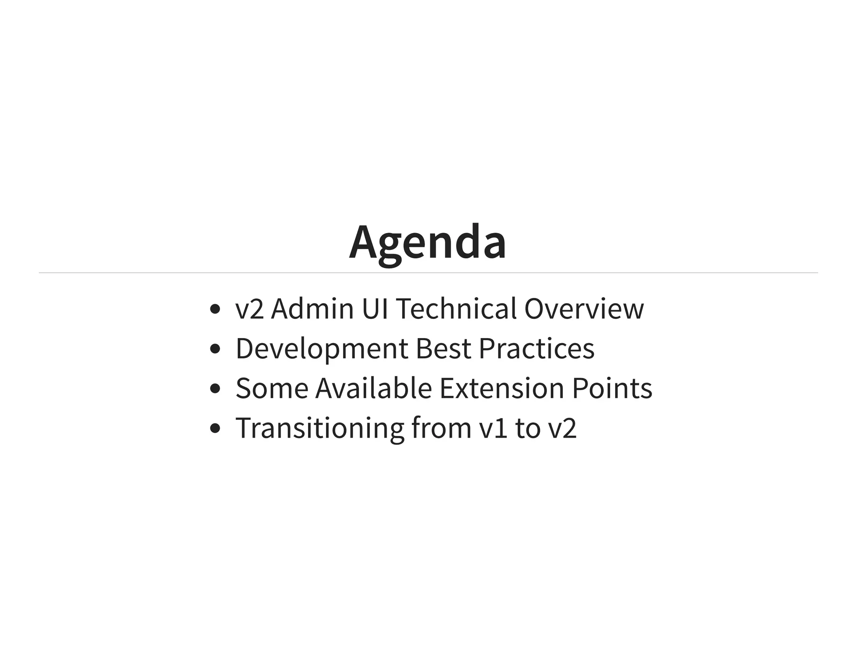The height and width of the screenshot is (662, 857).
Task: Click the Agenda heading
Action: (x=428, y=243)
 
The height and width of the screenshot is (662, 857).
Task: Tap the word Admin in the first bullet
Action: (x=312, y=309)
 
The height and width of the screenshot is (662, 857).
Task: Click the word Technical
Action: (x=456, y=309)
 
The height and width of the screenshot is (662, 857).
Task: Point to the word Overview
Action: (x=584, y=309)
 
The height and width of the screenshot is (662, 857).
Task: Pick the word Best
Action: (x=443, y=349)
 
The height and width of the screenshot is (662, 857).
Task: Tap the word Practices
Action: (x=536, y=349)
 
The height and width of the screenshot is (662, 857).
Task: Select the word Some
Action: (x=272, y=388)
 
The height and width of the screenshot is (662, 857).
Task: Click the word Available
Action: (x=373, y=388)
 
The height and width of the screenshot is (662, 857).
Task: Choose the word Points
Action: (x=612, y=388)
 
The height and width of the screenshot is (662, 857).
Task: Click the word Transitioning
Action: (x=320, y=429)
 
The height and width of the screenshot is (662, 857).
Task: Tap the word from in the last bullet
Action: (x=441, y=429)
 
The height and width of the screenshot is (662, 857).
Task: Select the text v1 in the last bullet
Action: (x=493, y=429)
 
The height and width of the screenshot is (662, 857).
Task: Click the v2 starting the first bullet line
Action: (x=250, y=309)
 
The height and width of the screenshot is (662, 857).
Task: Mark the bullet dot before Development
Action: (x=215, y=349)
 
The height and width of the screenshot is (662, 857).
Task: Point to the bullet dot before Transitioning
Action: (x=215, y=429)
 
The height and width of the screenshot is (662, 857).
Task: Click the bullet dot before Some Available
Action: (x=215, y=389)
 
